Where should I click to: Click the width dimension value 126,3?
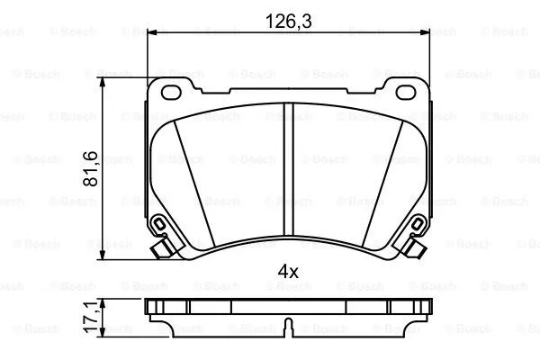pos(286,20)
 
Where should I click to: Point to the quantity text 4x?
pos(286,270)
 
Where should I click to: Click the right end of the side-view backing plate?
pos(424,305)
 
